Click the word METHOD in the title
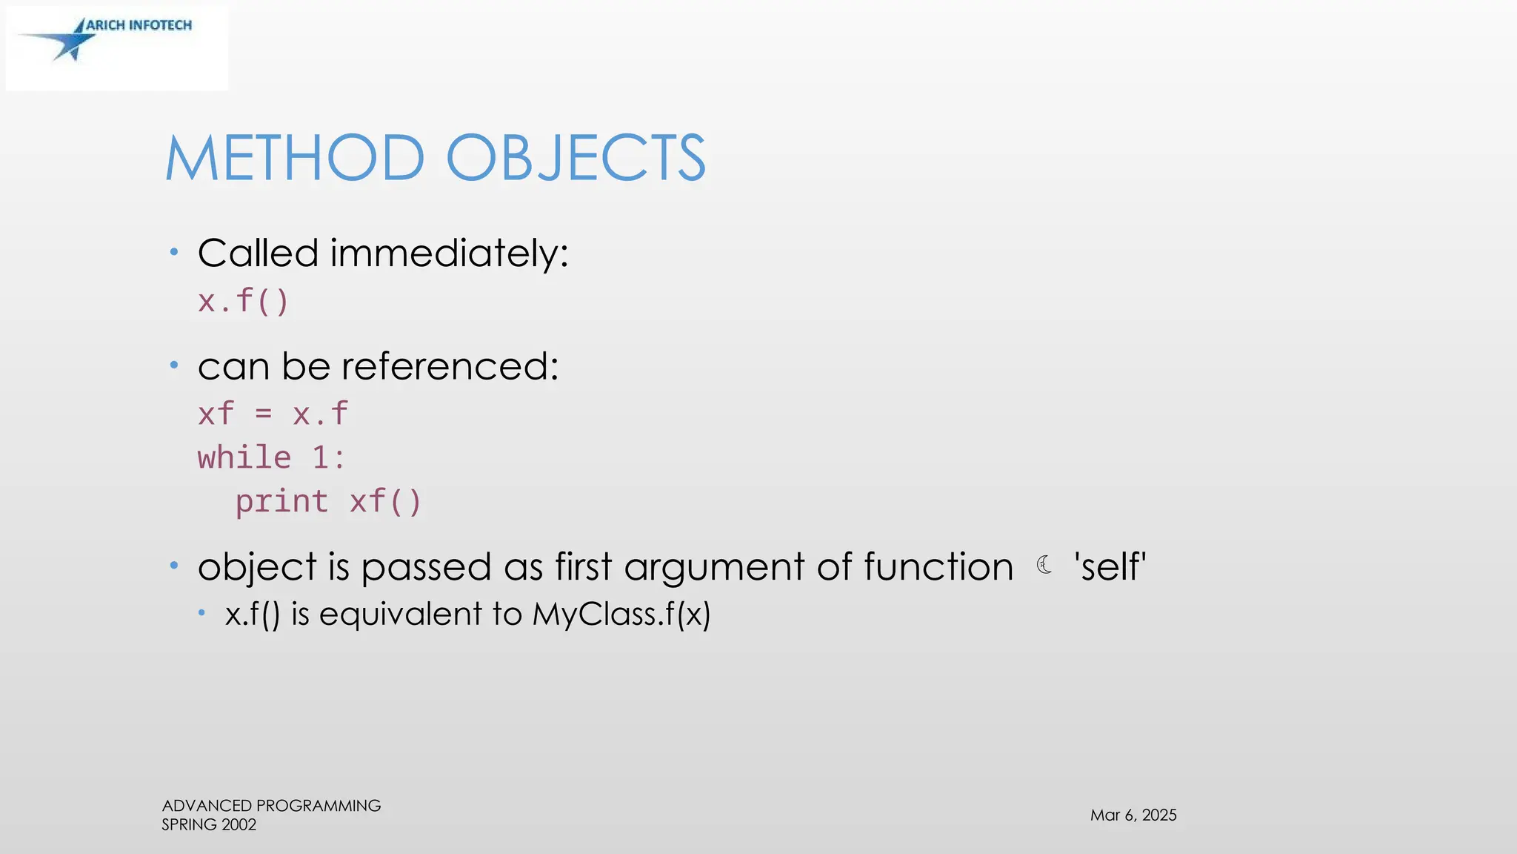pos(295,158)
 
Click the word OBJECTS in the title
pos(576,158)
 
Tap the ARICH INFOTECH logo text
pos(139,25)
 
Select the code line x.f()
pos(243,302)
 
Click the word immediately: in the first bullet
pos(449,254)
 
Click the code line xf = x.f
pos(273,414)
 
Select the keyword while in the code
pos(244,457)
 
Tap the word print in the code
pos(281,502)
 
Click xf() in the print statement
pos(385,502)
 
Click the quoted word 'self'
pos(1110,567)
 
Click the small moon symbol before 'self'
pos(1044,566)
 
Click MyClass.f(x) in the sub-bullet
pos(621,614)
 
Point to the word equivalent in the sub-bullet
pos(404,615)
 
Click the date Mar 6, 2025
pos(1133,815)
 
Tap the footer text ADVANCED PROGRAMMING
pos(271,806)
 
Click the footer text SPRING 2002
pos(209,825)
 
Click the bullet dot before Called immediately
pos(174,253)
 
